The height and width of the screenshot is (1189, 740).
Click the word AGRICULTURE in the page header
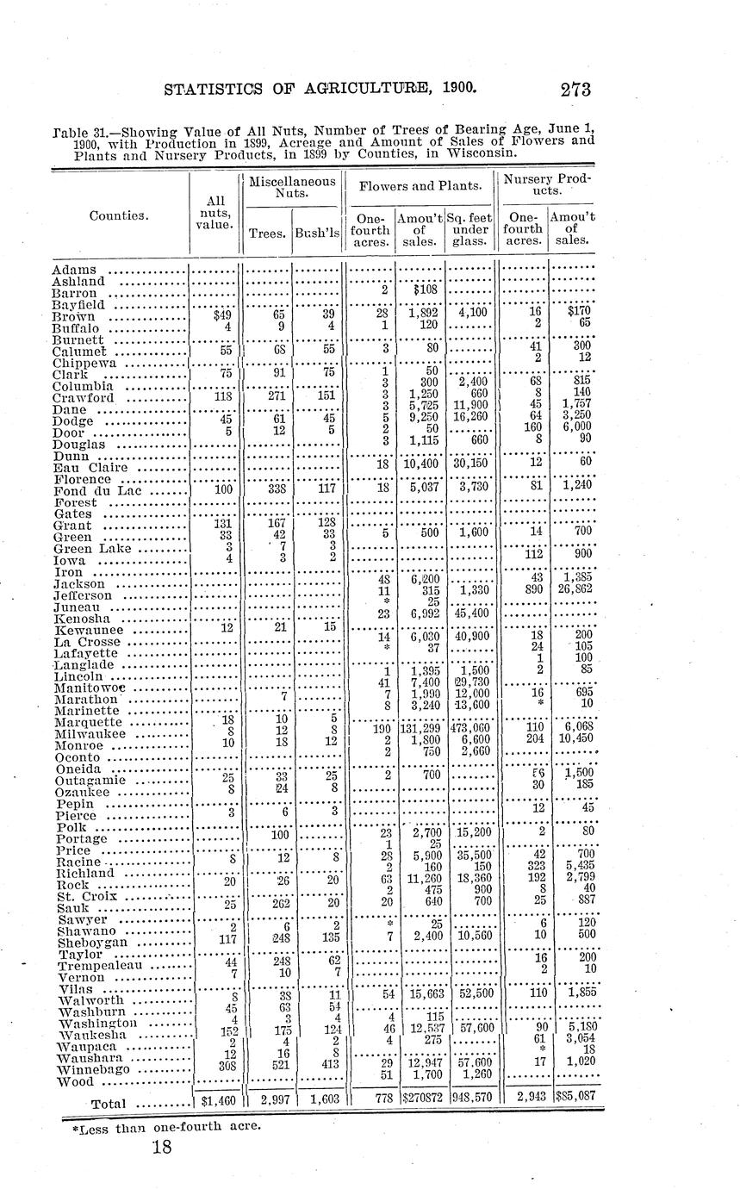tap(344, 88)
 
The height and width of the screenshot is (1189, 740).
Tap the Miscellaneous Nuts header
tap(292, 188)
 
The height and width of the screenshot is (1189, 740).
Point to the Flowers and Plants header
tap(420, 187)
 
